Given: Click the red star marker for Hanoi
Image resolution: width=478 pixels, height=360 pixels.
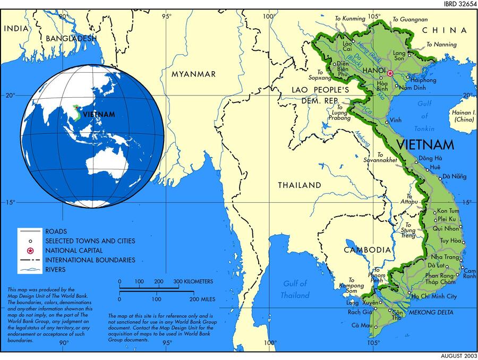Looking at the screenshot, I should point(390,73).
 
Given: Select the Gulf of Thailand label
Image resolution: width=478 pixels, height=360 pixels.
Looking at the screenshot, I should point(296,289).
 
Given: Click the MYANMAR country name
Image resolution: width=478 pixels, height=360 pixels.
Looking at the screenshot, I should point(193,74).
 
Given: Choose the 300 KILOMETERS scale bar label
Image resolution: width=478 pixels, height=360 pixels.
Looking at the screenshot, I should point(193,281).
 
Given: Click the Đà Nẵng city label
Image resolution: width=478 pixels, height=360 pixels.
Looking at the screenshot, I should point(454,176).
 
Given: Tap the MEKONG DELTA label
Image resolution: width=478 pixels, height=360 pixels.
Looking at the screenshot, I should point(431,312).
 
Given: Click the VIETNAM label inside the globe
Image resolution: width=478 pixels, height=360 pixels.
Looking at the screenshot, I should point(99,114).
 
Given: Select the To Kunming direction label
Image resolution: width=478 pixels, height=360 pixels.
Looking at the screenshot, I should point(350,19).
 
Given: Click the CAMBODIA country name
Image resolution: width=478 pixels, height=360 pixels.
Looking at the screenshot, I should point(367,250).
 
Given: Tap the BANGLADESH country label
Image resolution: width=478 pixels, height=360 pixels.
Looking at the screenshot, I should point(71,38).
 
